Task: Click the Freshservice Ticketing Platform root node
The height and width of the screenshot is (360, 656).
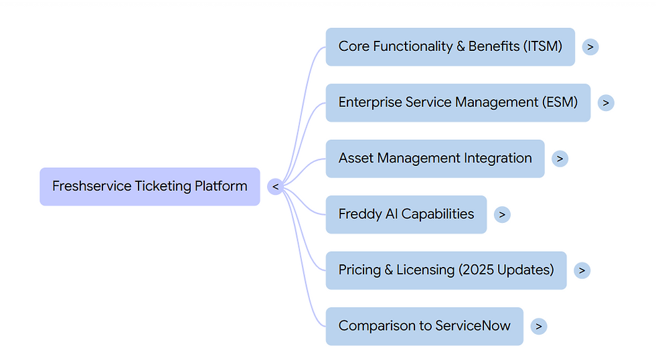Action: click(149, 187)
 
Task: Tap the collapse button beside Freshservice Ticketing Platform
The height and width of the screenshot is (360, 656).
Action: click(275, 187)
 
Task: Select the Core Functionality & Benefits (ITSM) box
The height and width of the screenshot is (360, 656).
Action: click(450, 47)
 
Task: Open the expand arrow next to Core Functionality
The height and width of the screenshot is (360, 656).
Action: click(590, 47)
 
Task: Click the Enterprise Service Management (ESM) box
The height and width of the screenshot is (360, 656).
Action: click(458, 102)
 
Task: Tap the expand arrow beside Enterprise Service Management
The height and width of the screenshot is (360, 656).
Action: click(605, 102)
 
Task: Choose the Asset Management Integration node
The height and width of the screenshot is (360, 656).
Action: click(435, 159)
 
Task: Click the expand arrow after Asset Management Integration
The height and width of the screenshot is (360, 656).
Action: click(560, 159)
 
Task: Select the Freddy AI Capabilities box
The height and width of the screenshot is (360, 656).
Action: click(406, 214)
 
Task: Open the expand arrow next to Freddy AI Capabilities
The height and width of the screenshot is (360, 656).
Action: click(501, 214)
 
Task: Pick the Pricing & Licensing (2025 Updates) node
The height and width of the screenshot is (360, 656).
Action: click(446, 270)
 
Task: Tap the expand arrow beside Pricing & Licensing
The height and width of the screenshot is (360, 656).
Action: click(582, 270)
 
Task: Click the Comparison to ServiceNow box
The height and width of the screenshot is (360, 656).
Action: click(424, 326)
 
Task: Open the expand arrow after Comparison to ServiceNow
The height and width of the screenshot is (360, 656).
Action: click(538, 326)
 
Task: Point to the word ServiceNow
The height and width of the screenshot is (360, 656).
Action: click(473, 326)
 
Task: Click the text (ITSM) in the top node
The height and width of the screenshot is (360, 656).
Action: click(543, 47)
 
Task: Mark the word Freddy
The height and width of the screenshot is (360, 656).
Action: click(360, 214)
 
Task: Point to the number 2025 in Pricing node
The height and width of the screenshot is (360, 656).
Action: click(481, 270)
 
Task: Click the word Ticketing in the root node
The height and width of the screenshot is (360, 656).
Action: click(163, 187)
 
